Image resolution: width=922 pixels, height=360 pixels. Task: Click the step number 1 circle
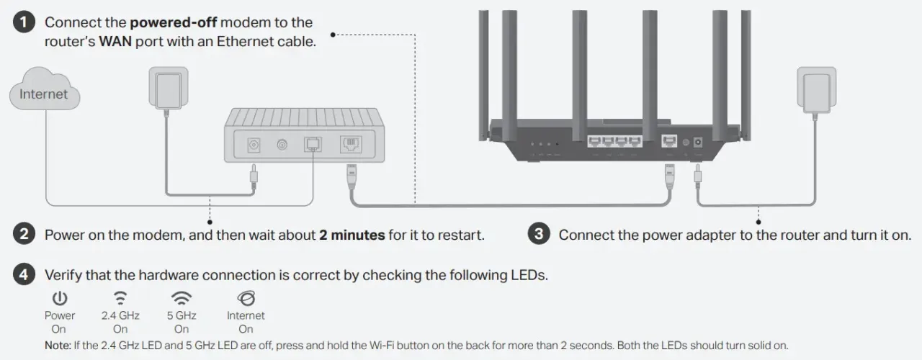(24, 22)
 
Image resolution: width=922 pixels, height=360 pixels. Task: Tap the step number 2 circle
(24, 235)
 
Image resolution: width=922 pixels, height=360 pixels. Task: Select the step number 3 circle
(538, 235)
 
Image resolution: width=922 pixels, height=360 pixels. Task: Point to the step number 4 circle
(24, 275)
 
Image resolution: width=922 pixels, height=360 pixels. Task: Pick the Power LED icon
(60, 298)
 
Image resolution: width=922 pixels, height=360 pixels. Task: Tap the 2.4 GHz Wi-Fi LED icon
(120, 298)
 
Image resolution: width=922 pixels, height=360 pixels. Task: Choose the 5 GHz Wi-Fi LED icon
(181, 298)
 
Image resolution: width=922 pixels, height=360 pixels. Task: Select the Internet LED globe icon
(246, 298)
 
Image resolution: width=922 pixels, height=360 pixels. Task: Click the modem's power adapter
(168, 91)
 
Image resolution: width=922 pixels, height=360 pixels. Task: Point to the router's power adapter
(815, 91)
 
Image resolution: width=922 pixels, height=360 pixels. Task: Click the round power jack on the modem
(254, 145)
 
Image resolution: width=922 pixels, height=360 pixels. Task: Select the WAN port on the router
(668, 143)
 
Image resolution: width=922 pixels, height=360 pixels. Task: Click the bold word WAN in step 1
(115, 42)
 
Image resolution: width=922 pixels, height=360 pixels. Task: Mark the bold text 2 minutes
(352, 235)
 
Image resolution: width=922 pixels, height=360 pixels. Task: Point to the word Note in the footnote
(57, 345)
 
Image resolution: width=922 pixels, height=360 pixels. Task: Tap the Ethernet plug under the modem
(352, 176)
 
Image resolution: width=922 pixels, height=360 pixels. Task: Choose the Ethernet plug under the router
(668, 176)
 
